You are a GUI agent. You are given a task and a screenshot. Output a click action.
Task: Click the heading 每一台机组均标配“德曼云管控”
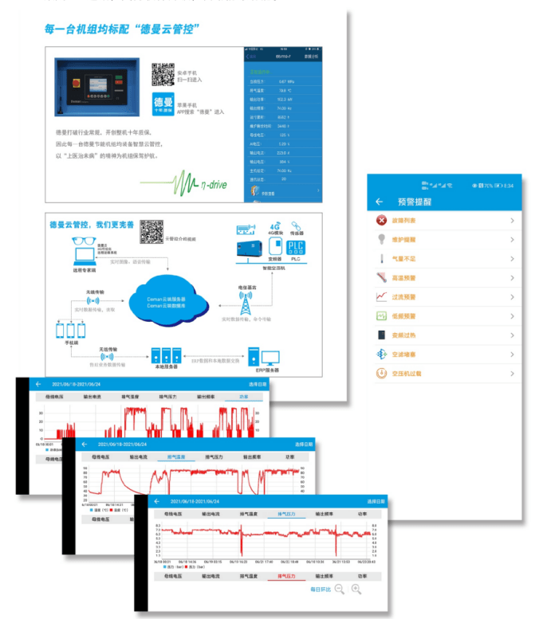pyautogui.click(x=122, y=29)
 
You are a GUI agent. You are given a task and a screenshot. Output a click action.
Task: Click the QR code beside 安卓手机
pyautogui.click(x=163, y=74)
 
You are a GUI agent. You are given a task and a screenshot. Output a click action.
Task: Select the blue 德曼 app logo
pyautogui.click(x=163, y=105)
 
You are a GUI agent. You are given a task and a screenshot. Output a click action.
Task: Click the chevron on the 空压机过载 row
pyautogui.click(x=512, y=373)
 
